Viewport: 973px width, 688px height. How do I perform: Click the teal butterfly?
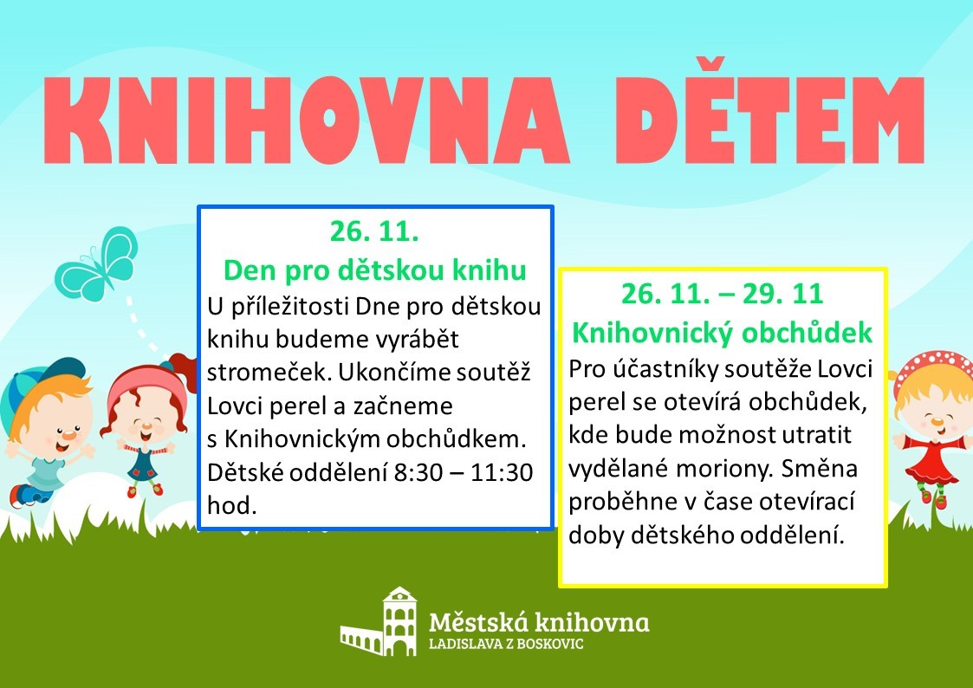click(97, 263)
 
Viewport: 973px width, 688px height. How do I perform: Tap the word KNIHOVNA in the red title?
click(307, 120)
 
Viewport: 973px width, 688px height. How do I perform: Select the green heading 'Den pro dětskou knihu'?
click(375, 270)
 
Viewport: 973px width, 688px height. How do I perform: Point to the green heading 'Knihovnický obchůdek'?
click(723, 333)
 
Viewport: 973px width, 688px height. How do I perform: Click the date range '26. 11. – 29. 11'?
click(723, 294)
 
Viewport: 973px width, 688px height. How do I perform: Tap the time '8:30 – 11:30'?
click(464, 473)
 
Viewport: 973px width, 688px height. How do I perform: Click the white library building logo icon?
click(379, 621)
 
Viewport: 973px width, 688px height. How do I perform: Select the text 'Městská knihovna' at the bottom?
click(539, 621)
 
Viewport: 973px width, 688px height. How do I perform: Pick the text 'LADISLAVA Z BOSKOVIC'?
click(506, 644)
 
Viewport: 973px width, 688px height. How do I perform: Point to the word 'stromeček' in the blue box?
click(269, 373)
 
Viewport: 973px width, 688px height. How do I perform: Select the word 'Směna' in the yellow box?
click(819, 468)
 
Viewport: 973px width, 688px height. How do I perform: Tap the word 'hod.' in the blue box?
click(231, 505)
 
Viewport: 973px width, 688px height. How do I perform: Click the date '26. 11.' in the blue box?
click(374, 231)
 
